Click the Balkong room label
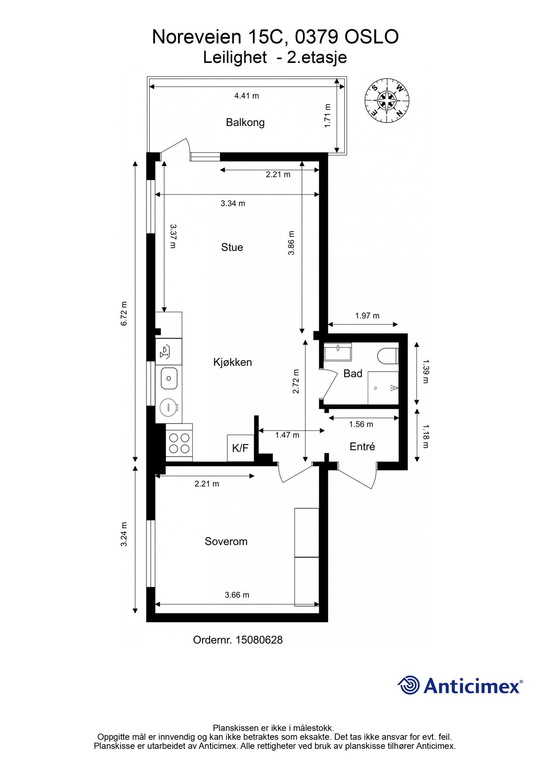[x=245, y=123]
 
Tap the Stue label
[x=232, y=247]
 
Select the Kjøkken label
[x=232, y=362]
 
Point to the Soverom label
[x=226, y=541]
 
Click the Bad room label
[x=353, y=374]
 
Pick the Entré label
[x=362, y=447]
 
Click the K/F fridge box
[x=240, y=448]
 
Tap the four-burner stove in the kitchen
[x=179, y=442]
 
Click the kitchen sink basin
[x=169, y=379]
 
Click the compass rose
[x=387, y=101]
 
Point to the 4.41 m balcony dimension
[x=247, y=96]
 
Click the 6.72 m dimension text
[x=124, y=313]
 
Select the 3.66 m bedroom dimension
[x=237, y=595]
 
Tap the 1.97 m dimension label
[x=367, y=316]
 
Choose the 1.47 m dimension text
[x=287, y=435]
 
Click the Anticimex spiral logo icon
[x=409, y=685]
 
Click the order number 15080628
[x=258, y=640]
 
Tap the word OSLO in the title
[x=371, y=37]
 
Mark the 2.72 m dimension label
[x=296, y=382]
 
